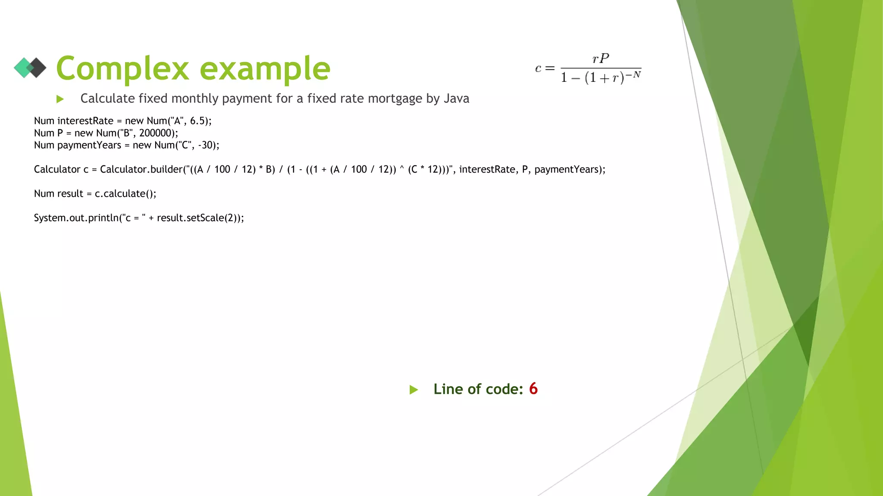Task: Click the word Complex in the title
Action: pyautogui.click(x=122, y=69)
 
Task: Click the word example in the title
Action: pyautogui.click(x=265, y=69)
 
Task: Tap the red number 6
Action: pyautogui.click(x=533, y=389)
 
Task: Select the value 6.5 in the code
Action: pyautogui.click(x=198, y=121)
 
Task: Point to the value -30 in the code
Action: pyautogui.click(x=206, y=145)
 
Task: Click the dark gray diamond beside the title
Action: pyautogui.click(x=38, y=68)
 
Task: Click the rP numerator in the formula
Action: pyautogui.click(x=601, y=58)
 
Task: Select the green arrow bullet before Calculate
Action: pyautogui.click(x=60, y=99)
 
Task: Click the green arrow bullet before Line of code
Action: pyautogui.click(x=413, y=390)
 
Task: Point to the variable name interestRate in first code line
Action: pyautogui.click(x=85, y=121)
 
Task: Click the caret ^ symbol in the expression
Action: pyautogui.click(x=402, y=169)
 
